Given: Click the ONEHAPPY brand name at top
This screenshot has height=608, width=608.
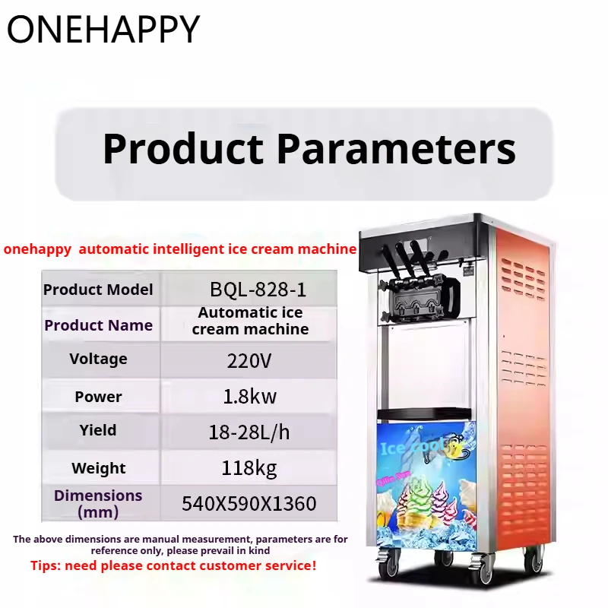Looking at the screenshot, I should click(x=103, y=29).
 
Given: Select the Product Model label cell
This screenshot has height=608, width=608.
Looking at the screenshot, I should click(x=98, y=290).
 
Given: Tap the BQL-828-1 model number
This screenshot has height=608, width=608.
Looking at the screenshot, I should click(x=258, y=290).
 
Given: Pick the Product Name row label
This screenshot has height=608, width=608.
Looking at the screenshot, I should click(x=98, y=325).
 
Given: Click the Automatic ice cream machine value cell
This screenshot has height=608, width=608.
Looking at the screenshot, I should click(x=250, y=321).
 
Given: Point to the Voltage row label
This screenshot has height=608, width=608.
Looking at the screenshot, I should click(x=98, y=359).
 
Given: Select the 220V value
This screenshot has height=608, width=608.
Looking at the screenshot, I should click(x=249, y=360).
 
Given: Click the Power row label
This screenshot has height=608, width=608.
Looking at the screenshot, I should click(x=98, y=397).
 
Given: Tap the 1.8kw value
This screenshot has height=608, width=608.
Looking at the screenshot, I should click(x=249, y=397).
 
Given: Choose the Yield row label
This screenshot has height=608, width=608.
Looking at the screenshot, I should click(x=98, y=430).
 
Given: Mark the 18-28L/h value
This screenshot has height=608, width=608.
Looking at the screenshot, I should click(x=249, y=432).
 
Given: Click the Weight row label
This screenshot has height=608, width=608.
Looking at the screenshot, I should click(x=98, y=468).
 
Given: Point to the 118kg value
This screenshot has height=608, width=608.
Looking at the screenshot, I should click(x=249, y=467).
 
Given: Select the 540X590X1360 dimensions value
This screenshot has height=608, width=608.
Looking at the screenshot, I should click(x=249, y=503).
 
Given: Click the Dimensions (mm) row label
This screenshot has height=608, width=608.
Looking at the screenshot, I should click(x=98, y=503).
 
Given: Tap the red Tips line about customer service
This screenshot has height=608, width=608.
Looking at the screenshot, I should click(x=173, y=565).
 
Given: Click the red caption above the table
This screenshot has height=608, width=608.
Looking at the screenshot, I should click(x=180, y=249).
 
